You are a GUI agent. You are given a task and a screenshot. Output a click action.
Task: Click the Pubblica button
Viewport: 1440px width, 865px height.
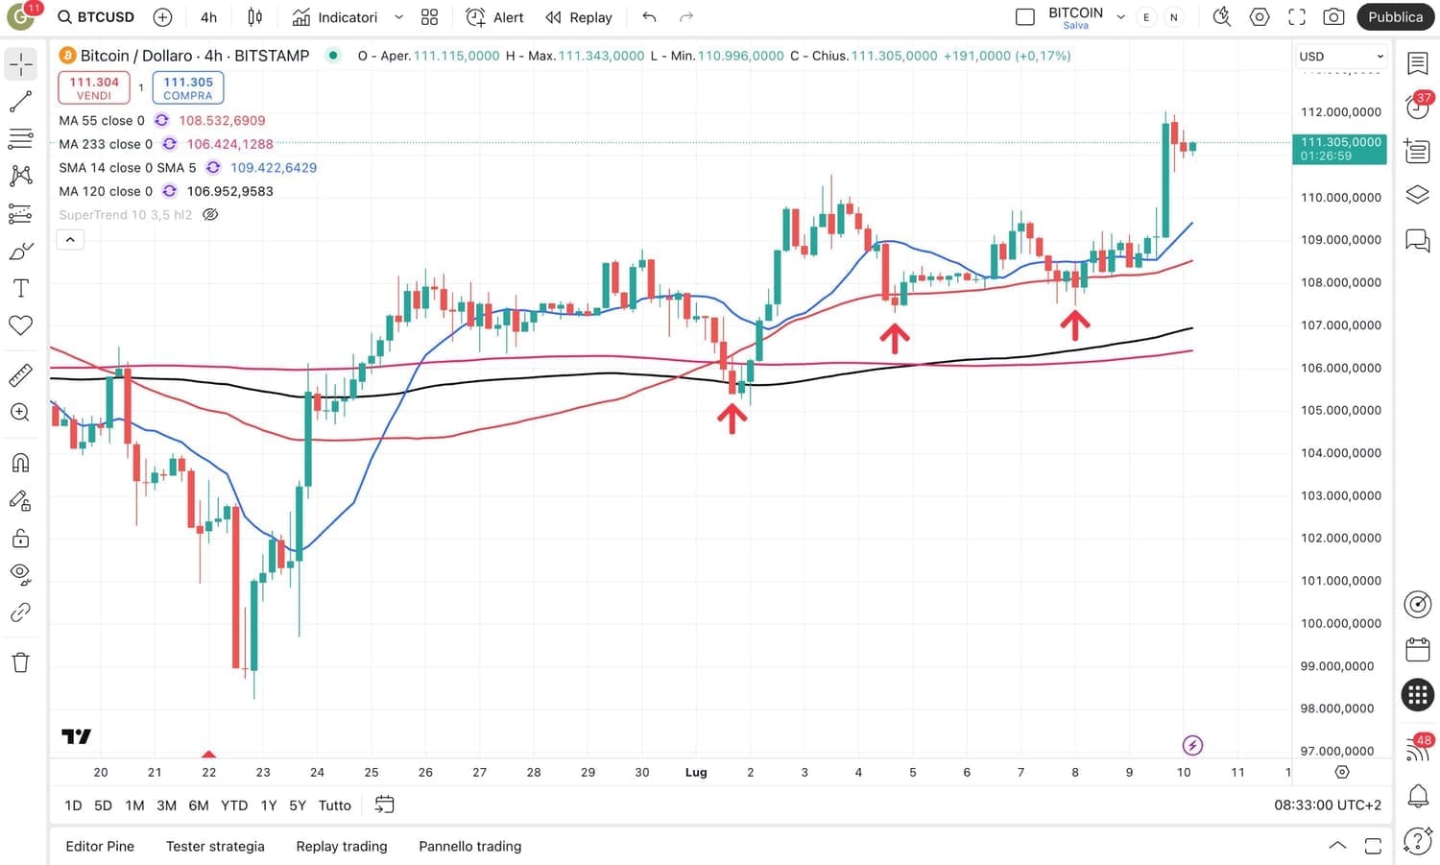[x=1395, y=17]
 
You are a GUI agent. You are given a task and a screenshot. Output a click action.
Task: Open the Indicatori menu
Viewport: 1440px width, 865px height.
[x=335, y=17]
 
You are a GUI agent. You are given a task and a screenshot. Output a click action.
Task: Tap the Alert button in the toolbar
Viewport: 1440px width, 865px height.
[x=495, y=17]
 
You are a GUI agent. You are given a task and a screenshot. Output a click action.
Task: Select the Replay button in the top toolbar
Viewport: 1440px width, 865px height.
[x=579, y=17]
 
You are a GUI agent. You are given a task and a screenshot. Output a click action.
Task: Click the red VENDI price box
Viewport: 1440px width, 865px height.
[x=94, y=87]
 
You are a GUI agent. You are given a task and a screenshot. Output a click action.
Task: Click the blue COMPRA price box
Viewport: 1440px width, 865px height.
[x=187, y=87]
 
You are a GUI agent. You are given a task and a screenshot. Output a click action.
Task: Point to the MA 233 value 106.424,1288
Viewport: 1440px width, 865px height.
[x=229, y=144]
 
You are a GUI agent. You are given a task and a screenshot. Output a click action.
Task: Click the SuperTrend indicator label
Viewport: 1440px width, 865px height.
[x=125, y=215]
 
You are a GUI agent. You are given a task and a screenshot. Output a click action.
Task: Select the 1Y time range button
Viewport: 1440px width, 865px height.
[x=269, y=805]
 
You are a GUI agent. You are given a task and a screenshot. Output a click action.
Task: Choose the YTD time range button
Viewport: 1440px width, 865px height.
[x=234, y=805]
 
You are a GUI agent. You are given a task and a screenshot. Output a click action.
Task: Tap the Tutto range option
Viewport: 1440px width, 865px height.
[x=334, y=805]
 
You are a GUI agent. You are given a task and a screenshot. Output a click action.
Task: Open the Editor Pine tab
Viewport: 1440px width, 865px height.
[x=100, y=846]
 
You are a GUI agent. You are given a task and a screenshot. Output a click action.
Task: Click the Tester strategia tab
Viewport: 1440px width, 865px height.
[x=215, y=846]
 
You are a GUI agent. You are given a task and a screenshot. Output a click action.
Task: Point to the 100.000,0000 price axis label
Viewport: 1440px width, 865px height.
[x=1340, y=623]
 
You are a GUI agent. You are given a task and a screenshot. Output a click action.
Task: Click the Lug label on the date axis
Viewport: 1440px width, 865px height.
[x=696, y=772]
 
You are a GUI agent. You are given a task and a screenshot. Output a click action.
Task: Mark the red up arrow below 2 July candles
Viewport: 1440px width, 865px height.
[x=732, y=419]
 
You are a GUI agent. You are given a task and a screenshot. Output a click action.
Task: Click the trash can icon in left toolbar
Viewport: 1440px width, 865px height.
[x=20, y=662]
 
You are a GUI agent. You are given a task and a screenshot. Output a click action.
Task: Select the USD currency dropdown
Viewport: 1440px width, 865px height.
[x=1340, y=57]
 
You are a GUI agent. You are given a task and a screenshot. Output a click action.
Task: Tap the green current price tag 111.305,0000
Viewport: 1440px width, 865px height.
[x=1340, y=148]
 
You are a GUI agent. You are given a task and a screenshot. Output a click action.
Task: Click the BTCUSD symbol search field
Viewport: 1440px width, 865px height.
[x=96, y=17]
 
